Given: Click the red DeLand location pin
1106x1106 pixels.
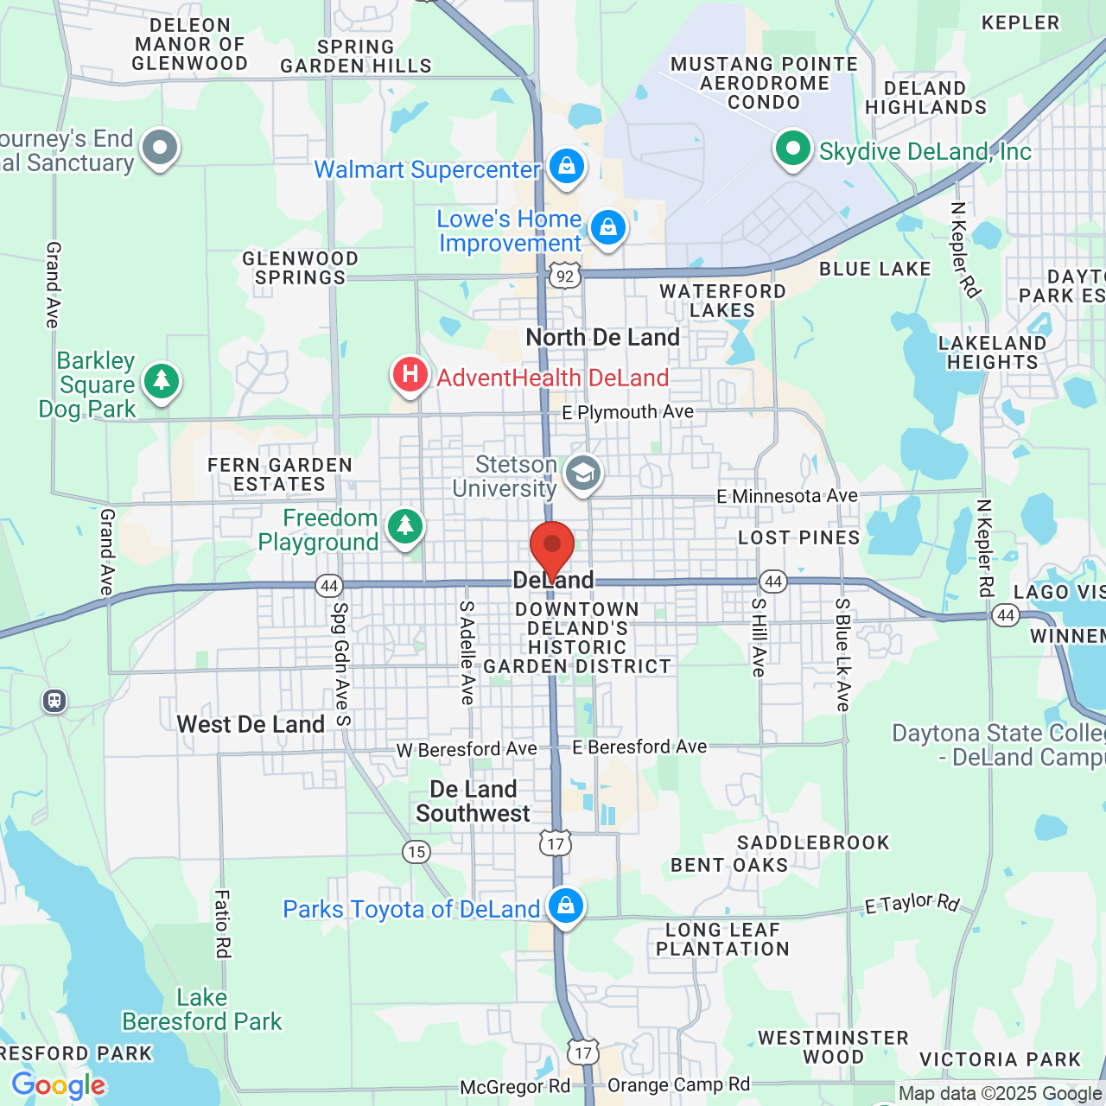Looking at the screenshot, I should [551, 547].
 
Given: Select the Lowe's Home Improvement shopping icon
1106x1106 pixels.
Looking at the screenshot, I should [607, 227].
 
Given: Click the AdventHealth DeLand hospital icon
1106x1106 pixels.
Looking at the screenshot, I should [410, 374].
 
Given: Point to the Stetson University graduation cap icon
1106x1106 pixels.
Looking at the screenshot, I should [583, 473].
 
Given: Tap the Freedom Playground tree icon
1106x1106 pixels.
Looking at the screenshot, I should [404, 525].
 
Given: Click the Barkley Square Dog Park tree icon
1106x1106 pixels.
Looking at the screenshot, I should [161, 380].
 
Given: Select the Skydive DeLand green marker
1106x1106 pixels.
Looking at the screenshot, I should [792, 149].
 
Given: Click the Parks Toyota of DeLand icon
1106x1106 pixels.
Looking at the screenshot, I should [566, 906].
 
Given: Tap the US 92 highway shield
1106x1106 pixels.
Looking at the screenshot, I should [564, 276].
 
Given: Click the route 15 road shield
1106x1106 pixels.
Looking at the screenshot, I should [416, 852].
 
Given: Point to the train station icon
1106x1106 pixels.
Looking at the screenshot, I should [54, 700].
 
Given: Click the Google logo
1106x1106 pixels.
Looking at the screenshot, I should [59, 1085].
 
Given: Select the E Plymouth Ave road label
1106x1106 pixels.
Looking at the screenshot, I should [628, 412].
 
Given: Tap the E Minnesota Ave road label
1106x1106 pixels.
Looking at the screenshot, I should [787, 496].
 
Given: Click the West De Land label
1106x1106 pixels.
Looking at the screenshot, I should [251, 724].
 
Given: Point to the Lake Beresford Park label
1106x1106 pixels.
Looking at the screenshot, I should [202, 1009].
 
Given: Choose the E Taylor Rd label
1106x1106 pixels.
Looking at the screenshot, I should [912, 903].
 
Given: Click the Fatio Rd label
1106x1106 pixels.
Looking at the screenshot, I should [223, 924].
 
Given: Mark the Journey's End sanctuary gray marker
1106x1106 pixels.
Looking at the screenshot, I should [160, 149].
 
